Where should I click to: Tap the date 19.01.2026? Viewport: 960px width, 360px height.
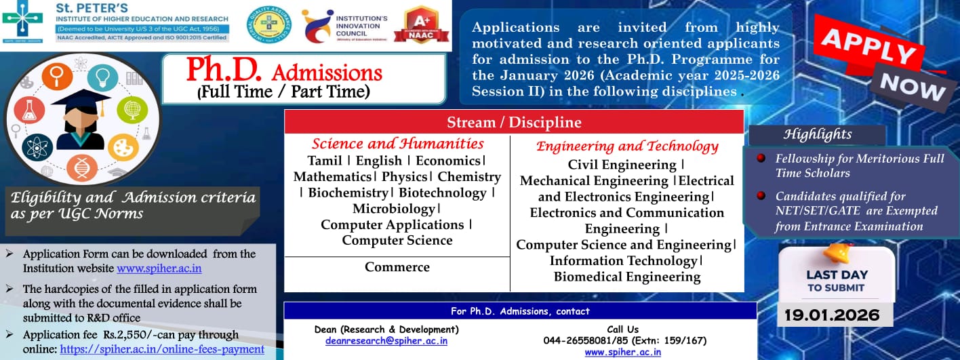832,315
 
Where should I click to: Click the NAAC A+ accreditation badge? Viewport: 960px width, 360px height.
420,26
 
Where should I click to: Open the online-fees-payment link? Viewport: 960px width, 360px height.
162,350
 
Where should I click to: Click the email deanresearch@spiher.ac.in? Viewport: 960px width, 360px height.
386,341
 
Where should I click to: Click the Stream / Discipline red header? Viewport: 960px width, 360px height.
514,123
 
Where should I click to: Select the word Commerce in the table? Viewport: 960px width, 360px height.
397,267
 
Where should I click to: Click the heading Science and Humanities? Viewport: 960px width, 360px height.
398,144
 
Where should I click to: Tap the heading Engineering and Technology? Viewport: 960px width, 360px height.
627,146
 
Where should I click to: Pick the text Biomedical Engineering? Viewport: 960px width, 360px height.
627,277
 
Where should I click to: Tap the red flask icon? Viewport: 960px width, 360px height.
31,110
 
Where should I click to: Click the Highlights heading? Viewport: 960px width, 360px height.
817,134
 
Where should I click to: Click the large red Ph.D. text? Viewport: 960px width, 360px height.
226,70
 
